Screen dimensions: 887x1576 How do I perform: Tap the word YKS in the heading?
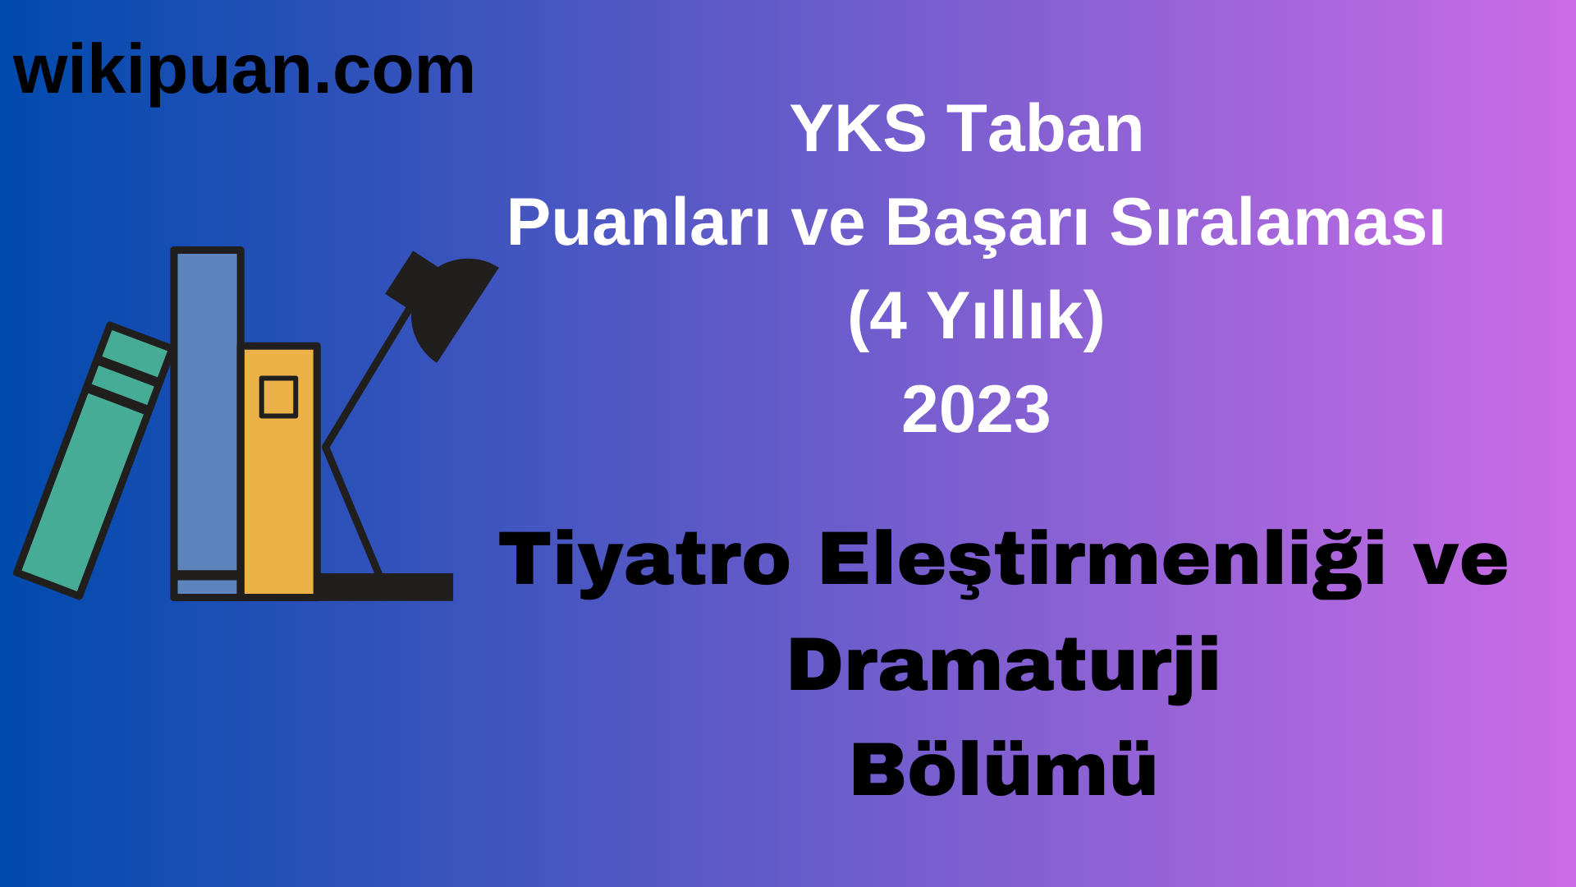[x=858, y=129]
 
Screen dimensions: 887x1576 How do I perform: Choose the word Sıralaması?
[x=1276, y=223]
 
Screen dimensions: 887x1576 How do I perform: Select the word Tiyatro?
[x=644, y=560]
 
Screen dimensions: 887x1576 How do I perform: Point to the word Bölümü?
[x=1003, y=770]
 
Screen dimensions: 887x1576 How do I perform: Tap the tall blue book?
[x=207, y=411]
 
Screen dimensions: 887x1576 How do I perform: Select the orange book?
[x=279, y=493]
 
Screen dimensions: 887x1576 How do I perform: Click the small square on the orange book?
[x=278, y=398]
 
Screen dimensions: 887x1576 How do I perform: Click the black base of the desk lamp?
[x=386, y=586]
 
